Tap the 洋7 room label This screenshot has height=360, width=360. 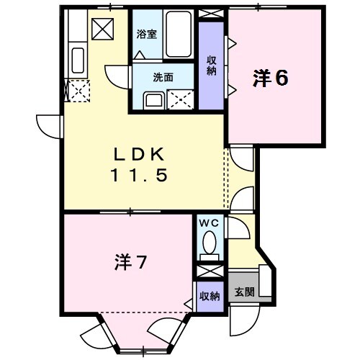(x=131, y=263)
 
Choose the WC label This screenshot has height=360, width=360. (x=210, y=224)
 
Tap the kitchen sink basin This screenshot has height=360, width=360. (x=77, y=59)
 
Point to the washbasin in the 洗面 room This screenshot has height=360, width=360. (x=153, y=99)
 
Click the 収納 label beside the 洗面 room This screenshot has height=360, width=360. (x=211, y=65)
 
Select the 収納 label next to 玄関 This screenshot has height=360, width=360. (x=210, y=296)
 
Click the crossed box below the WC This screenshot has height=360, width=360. (x=210, y=272)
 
